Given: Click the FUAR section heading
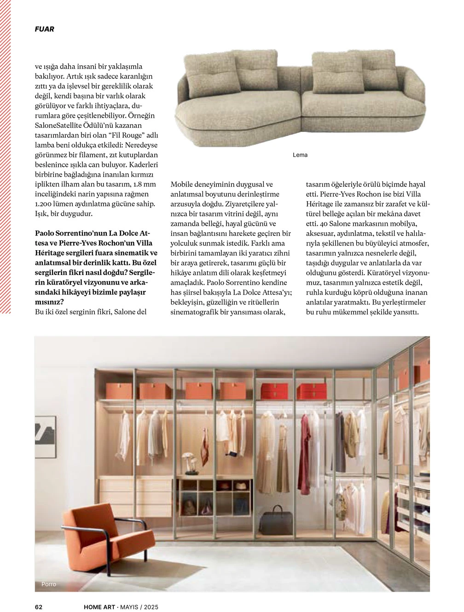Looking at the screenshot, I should click(45, 29).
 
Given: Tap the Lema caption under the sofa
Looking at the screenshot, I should click(300, 155).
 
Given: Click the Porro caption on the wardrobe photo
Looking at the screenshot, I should click(48, 584).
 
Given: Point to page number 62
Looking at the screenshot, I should click(39, 606).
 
